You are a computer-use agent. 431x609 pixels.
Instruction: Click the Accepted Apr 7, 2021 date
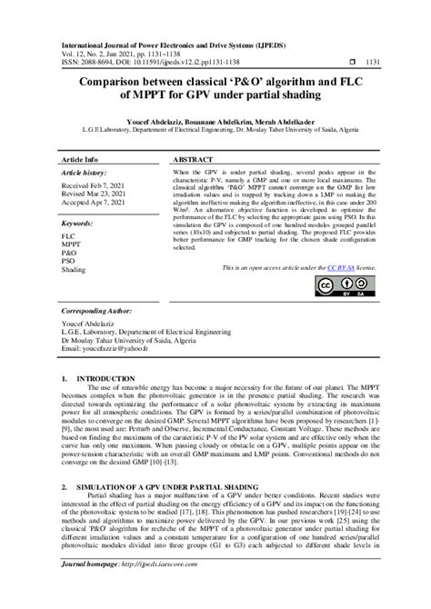(x=100, y=205)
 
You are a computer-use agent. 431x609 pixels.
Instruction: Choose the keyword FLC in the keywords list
(x=68, y=235)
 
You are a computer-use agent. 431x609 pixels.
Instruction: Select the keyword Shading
(x=74, y=270)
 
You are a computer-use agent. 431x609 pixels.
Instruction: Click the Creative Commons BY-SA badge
(x=336, y=288)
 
